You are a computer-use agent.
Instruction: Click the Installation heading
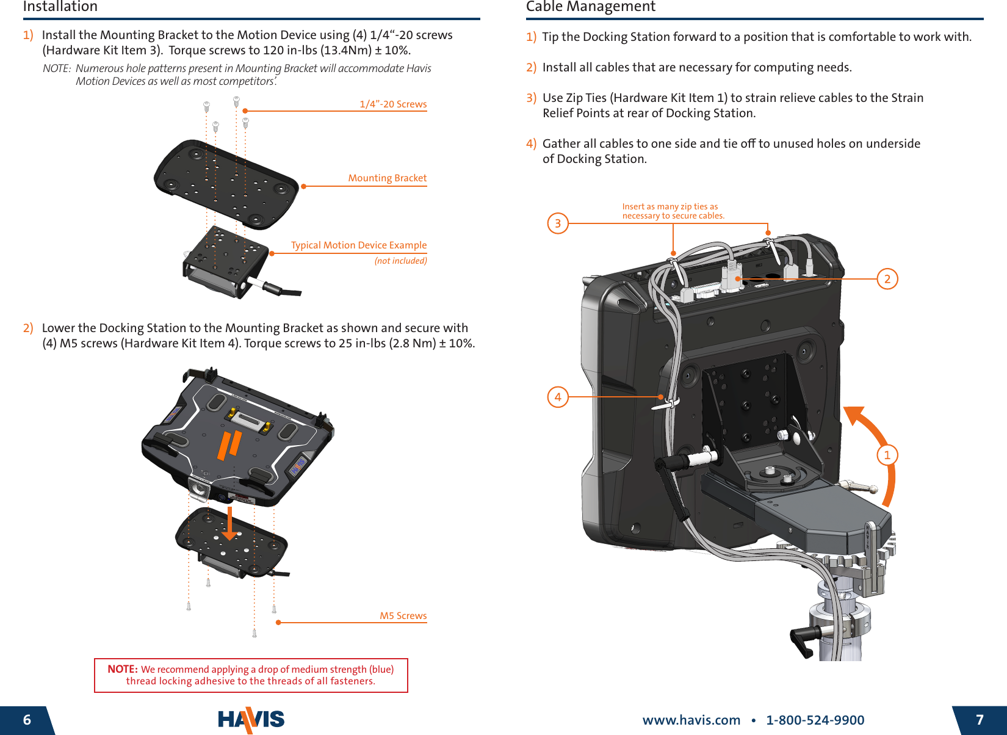pyautogui.click(x=60, y=7)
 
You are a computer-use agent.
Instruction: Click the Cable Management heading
pyautogui.click(x=590, y=7)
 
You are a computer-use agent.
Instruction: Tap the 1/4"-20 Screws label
pyautogui.click(x=393, y=104)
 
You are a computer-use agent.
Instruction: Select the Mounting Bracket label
pyautogui.click(x=387, y=178)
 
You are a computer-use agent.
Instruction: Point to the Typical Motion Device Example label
pyautogui.click(x=358, y=245)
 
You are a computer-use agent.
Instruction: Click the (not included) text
pyautogui.click(x=400, y=261)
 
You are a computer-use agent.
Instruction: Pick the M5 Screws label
pyautogui.click(x=403, y=615)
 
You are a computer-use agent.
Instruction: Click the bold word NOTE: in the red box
pyautogui.click(x=122, y=669)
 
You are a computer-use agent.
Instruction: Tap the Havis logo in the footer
pyautogui.click(x=251, y=719)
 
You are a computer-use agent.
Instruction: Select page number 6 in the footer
pyautogui.click(x=27, y=720)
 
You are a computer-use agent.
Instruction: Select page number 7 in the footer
pyautogui.click(x=980, y=720)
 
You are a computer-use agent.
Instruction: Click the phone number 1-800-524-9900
pyautogui.click(x=815, y=720)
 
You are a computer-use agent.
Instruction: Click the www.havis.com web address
pyautogui.click(x=691, y=720)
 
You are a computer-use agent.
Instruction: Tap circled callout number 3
pyautogui.click(x=557, y=223)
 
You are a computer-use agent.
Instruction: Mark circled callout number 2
pyautogui.click(x=887, y=279)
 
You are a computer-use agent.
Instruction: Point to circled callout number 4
pyautogui.click(x=557, y=397)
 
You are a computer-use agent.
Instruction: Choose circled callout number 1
pyautogui.click(x=887, y=455)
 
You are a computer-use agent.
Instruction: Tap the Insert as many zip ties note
pyautogui.click(x=673, y=211)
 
